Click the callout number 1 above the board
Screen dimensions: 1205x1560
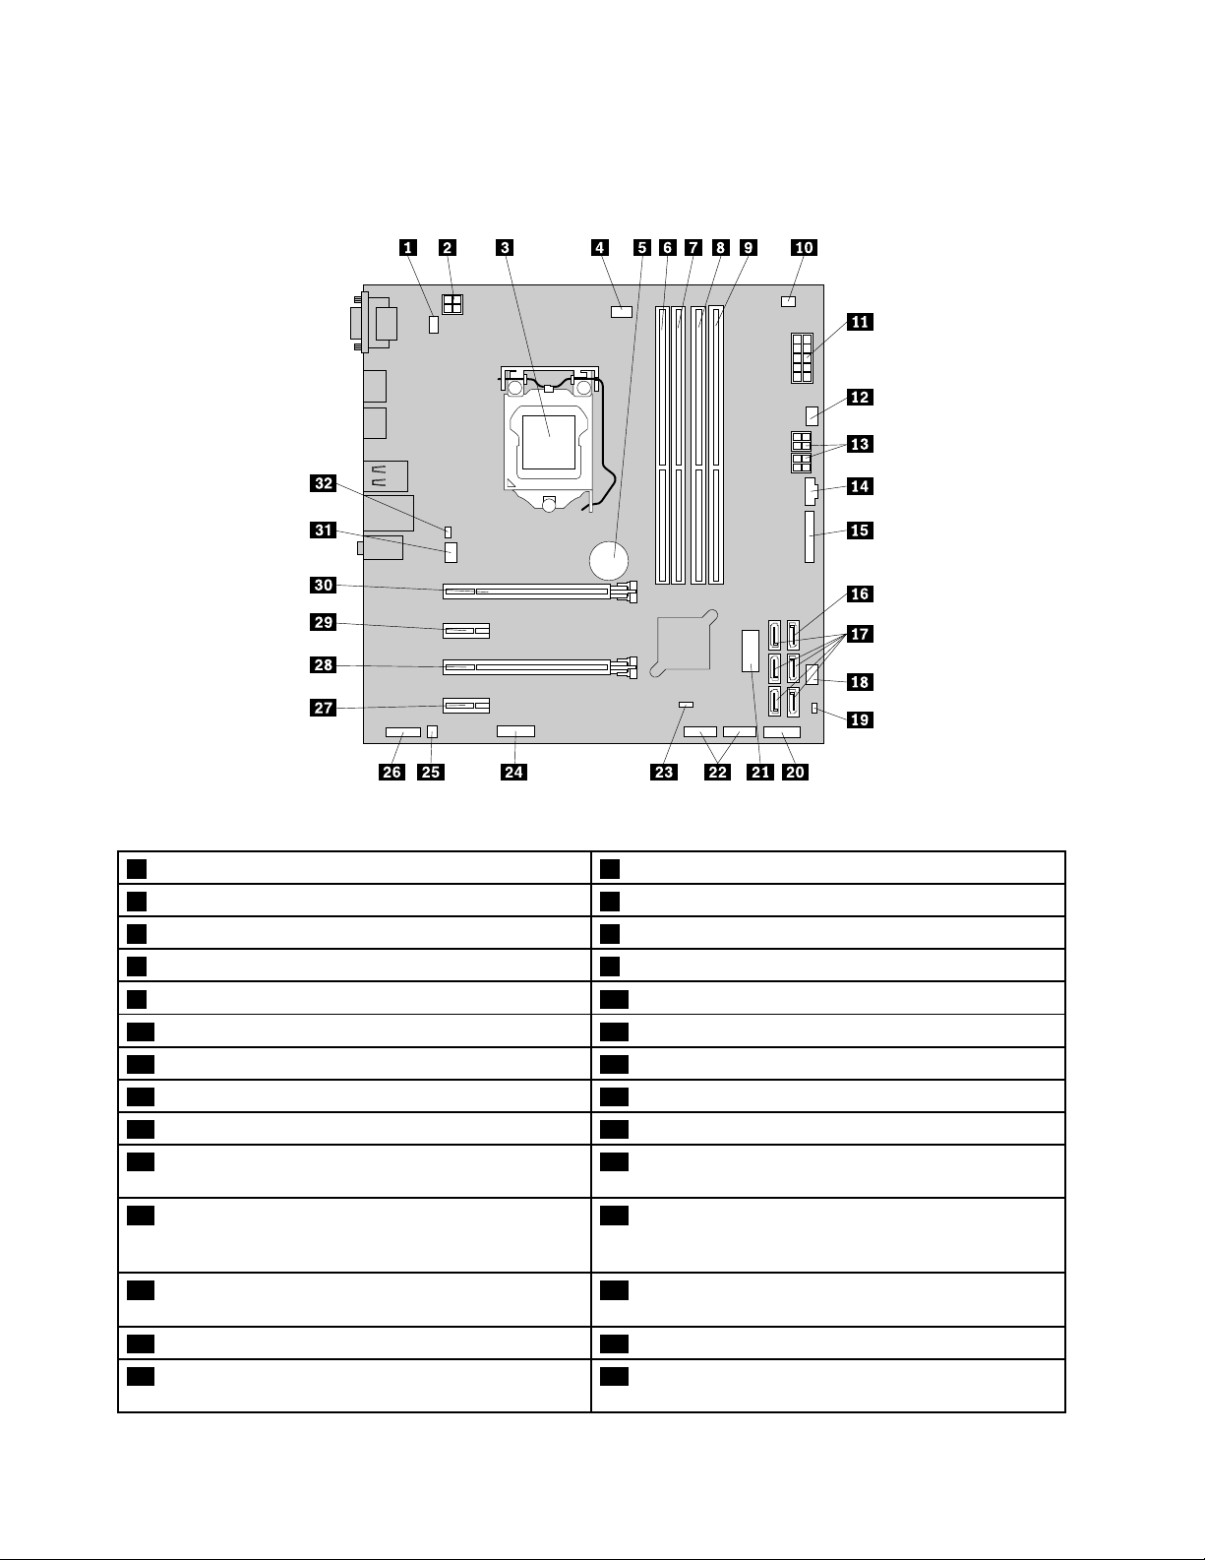406,247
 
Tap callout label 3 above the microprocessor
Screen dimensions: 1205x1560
505,247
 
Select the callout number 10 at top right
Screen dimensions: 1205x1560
805,247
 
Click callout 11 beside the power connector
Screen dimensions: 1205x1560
860,322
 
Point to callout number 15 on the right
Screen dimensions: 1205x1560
860,530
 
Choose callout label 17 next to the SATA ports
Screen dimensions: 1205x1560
860,634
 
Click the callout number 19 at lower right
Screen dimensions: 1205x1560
860,719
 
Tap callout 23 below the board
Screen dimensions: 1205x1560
664,772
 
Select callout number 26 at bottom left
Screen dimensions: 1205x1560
392,772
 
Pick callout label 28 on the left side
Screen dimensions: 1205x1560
324,665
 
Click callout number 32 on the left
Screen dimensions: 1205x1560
324,483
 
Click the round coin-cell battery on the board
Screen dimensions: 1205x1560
610,561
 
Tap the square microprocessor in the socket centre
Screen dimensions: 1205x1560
549,440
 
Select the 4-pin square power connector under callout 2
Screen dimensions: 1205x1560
452,306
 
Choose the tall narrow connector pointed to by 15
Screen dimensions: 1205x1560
810,536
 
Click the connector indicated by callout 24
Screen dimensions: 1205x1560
515,731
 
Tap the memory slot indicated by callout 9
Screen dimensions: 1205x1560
717,443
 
